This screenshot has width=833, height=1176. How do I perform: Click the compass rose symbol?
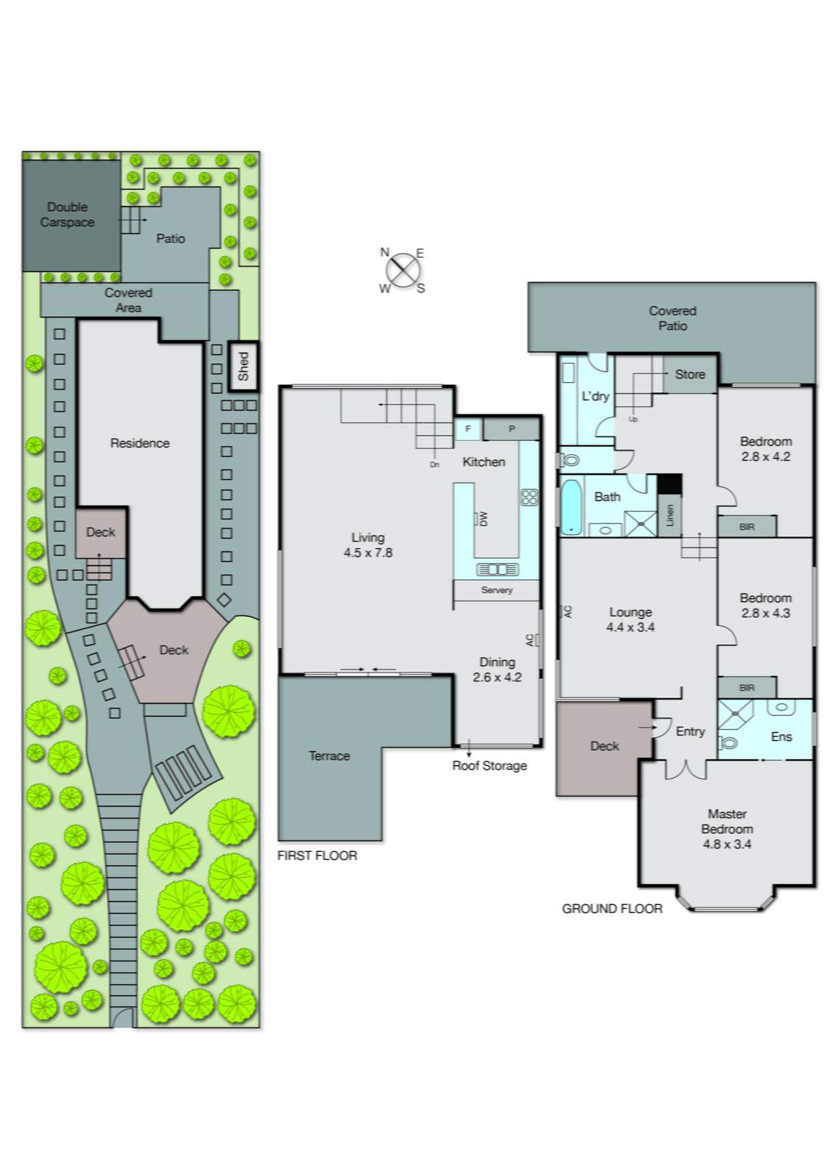coord(402,270)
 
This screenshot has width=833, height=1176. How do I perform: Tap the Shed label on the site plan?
coord(243,366)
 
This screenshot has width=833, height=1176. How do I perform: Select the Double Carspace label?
coord(67,215)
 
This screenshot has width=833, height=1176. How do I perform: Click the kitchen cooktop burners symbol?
coord(529,497)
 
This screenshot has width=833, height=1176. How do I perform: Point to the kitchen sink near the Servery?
coord(497,570)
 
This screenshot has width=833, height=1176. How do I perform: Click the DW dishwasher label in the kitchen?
coord(483,518)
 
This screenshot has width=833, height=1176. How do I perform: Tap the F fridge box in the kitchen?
coord(468,429)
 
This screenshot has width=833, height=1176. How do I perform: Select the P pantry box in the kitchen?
coord(512,429)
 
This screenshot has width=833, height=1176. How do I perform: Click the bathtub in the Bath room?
coord(571,507)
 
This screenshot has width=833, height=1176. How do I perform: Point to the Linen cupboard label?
coord(669,514)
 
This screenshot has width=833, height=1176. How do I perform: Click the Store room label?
coord(690,374)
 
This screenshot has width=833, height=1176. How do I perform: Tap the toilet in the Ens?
coord(728,742)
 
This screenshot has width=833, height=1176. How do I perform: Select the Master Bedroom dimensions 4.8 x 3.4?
coord(727,844)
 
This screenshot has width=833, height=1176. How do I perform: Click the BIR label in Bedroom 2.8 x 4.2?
coord(747,527)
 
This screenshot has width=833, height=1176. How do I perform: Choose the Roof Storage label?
coord(490,765)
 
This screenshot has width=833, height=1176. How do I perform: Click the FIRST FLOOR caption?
coord(317,856)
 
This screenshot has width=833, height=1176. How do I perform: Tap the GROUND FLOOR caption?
coord(612,908)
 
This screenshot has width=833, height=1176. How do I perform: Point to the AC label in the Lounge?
coord(567,611)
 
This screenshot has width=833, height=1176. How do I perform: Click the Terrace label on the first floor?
coord(329,756)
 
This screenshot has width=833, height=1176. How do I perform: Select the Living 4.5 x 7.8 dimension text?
coord(368,553)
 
